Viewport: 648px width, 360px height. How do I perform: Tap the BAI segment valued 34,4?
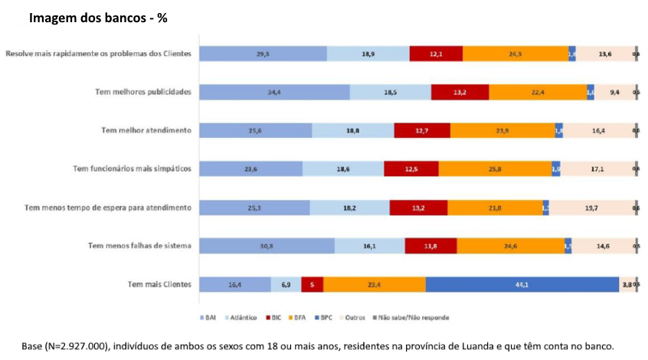274,92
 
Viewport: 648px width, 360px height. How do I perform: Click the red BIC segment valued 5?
312,284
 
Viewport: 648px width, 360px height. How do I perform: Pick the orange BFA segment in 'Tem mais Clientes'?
375,284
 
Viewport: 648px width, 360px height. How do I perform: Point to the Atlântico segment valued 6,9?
286,284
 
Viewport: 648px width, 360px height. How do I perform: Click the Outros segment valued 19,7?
591,208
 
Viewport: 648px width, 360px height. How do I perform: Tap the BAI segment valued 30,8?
267,246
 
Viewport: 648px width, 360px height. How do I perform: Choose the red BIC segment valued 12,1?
436,54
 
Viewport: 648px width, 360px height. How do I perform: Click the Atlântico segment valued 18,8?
353,130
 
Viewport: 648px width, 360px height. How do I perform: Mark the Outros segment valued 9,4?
614,92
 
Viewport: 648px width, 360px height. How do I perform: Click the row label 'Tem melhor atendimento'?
146,130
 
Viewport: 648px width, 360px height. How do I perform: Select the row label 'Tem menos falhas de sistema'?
139,246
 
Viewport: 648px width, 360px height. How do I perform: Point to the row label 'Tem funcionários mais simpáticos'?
131,169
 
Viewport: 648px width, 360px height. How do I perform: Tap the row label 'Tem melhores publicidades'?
142,92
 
